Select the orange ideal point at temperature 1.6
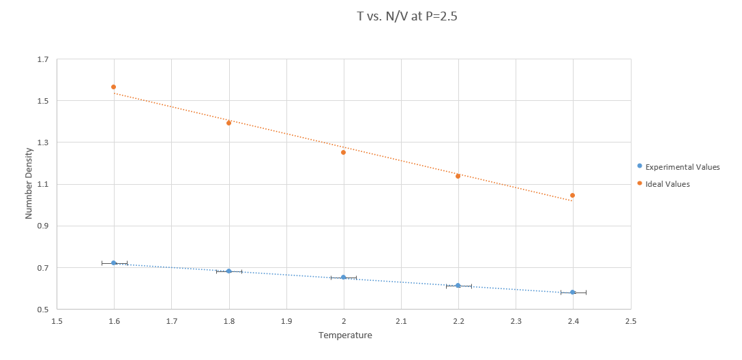114,87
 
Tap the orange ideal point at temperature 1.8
229,123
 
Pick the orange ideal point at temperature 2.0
344,152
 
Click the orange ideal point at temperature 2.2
458,176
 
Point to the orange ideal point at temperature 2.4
573,196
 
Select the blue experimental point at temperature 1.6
114,263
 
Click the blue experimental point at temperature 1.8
229,271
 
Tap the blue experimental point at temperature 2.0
344,277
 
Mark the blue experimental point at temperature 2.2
458,286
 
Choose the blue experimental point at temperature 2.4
573,292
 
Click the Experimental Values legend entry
678,167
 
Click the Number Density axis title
29,184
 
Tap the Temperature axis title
345,335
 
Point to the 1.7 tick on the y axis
43,59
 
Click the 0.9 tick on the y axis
43,226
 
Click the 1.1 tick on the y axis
43,185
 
